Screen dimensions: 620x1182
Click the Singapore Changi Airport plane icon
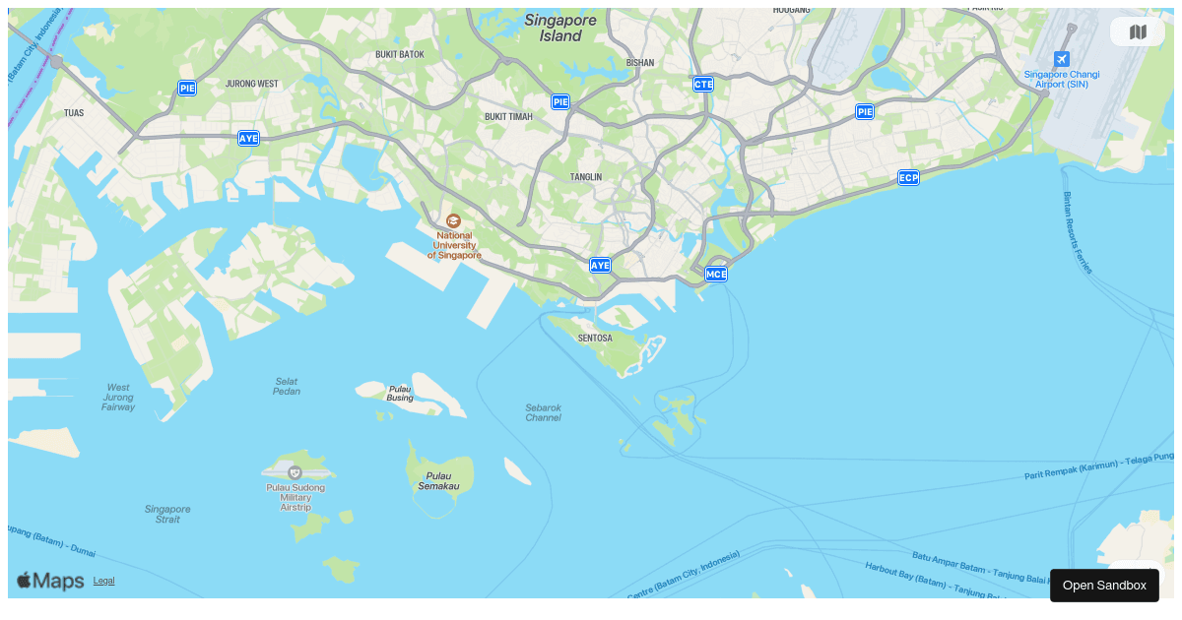point(1061,59)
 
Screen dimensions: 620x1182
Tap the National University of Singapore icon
point(453,221)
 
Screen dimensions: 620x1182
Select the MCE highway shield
point(716,274)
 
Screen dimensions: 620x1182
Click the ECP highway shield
point(908,178)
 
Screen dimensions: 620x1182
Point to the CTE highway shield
point(703,85)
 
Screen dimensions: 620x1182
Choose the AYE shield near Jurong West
point(248,139)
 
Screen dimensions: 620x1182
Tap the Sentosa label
point(595,338)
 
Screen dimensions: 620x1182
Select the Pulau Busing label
point(400,393)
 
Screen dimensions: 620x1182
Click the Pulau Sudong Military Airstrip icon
point(295,472)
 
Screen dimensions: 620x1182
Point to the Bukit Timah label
point(508,116)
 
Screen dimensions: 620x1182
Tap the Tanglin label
point(585,177)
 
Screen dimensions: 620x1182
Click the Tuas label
point(74,113)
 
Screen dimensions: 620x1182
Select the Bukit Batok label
point(400,54)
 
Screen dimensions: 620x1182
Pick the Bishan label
point(639,62)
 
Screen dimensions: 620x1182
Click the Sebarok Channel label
point(543,412)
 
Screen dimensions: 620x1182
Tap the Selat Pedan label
point(287,386)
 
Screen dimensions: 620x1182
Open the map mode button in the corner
point(1138,32)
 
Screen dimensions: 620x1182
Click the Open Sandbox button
point(1104,586)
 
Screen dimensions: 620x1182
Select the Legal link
point(103,581)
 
